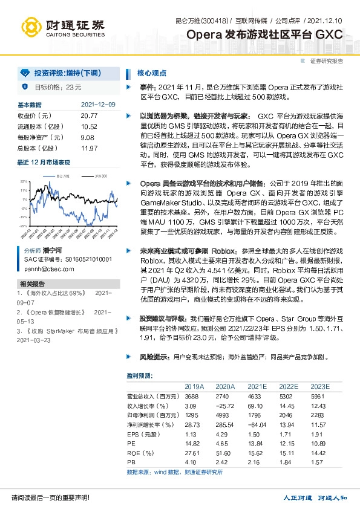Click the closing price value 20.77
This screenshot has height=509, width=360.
89,115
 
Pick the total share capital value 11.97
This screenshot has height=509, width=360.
89,148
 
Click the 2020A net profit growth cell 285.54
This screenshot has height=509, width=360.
224,427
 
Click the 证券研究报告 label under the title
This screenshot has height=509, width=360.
327,61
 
